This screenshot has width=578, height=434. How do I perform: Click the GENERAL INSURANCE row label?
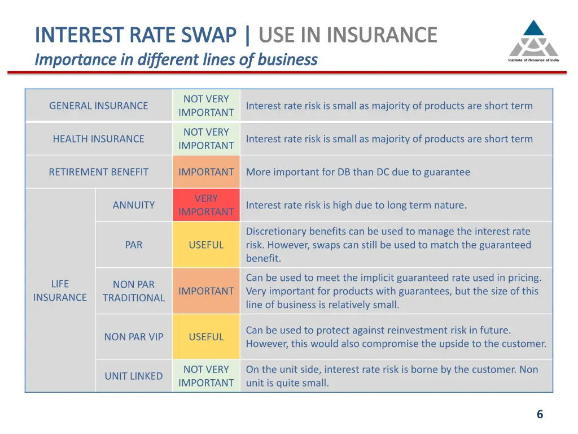coord(98,106)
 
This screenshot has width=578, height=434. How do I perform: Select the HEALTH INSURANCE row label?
coord(98,139)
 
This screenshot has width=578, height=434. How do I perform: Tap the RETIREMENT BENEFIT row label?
coord(98,172)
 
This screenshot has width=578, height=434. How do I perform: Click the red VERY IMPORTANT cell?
coord(206,205)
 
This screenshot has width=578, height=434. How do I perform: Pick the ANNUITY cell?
coord(133,205)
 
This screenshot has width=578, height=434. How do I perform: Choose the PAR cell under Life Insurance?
coord(133,245)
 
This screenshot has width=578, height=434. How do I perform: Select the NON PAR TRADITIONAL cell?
coord(133,291)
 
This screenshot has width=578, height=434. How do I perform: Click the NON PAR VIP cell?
coord(133,337)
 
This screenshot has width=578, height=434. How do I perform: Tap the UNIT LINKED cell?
coord(133,376)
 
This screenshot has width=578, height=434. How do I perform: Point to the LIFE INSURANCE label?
coord(60,290)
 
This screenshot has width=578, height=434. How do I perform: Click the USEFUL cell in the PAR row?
coord(206,245)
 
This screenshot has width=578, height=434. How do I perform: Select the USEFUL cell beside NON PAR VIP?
coord(206,337)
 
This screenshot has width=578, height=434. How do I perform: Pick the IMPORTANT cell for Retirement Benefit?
coord(206,172)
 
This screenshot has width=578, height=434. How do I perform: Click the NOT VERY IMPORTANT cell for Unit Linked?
coord(206,376)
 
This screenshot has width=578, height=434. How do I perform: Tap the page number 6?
coord(540,414)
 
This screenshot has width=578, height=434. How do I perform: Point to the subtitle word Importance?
coord(76,59)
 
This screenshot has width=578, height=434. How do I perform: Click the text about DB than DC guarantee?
coord(358,172)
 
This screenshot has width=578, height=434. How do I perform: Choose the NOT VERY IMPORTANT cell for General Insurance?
coord(206,106)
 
